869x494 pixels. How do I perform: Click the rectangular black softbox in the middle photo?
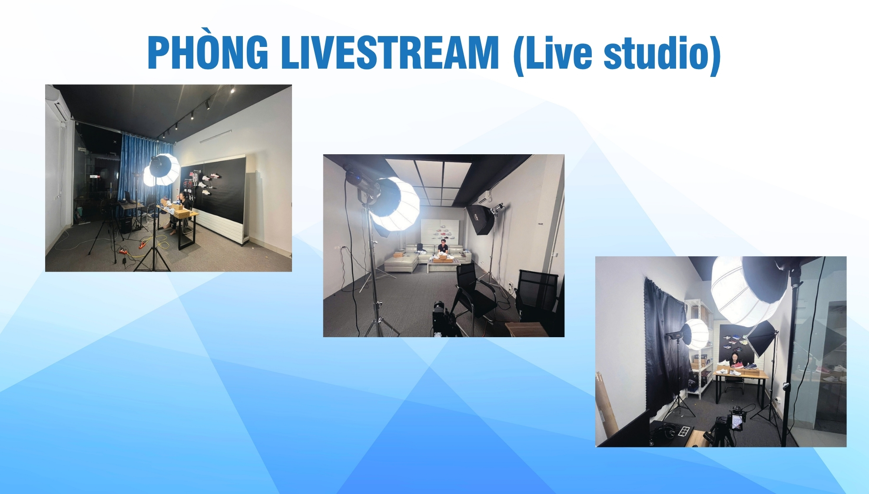tap(481, 219)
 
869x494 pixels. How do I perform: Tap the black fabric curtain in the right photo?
tap(665, 348)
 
